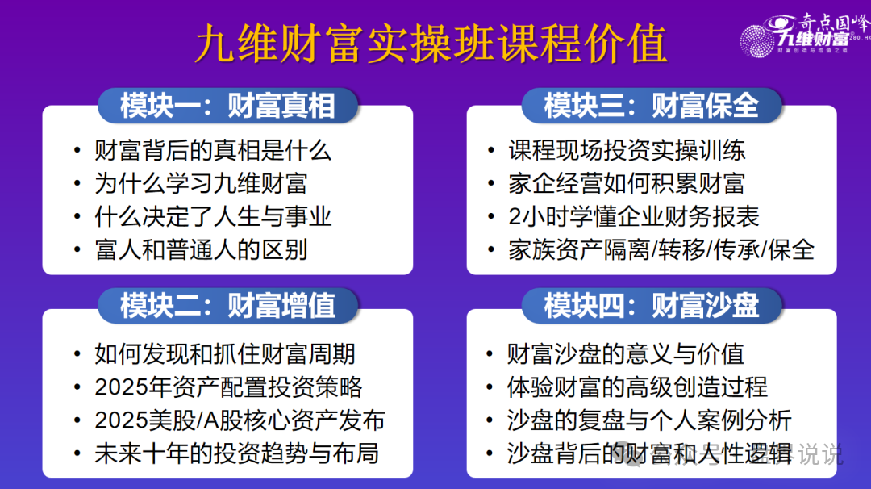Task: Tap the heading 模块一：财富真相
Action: pyautogui.click(x=227, y=106)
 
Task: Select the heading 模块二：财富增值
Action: pyautogui.click(x=227, y=306)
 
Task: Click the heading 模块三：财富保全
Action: pyautogui.click(x=652, y=106)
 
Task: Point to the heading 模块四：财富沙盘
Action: pyautogui.click(x=652, y=306)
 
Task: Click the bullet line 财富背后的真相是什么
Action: pyautogui.click(x=213, y=150)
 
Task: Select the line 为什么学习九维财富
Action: pyautogui.click(x=201, y=183)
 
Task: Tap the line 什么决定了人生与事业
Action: pyautogui.click(x=213, y=216)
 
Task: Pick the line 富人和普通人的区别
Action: pyautogui.click(x=201, y=249)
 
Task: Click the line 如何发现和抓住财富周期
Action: pyautogui.click(x=225, y=353)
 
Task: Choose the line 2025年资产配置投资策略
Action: pyautogui.click(x=228, y=387)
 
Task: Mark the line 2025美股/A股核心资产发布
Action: pyautogui.click(x=240, y=420)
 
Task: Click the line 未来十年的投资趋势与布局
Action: pyautogui.click(x=236, y=453)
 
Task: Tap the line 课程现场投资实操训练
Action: pyautogui.click(x=627, y=150)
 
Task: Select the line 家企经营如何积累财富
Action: pyautogui.click(x=627, y=183)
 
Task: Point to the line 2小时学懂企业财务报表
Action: pyautogui.click(x=634, y=216)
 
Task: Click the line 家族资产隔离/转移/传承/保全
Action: pyautogui.click(x=661, y=249)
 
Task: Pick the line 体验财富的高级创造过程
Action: pyautogui.click(x=637, y=387)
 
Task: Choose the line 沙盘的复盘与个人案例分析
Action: pyautogui.click(x=649, y=420)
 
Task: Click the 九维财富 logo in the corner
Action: pyautogui.click(x=802, y=34)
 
